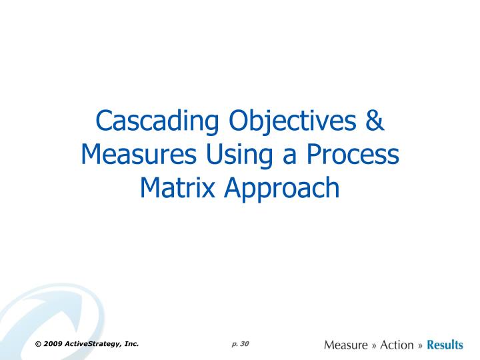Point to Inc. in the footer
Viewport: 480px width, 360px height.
click(131, 344)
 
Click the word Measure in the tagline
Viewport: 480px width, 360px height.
click(345, 345)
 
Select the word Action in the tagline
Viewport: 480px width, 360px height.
click(397, 345)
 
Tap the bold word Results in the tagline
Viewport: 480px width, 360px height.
click(445, 345)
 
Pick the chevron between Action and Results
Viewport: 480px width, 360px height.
click(420, 345)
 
